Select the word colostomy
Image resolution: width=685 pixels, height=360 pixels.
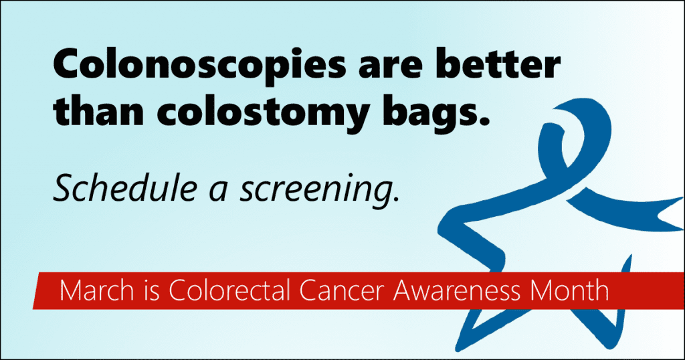click(x=263, y=112)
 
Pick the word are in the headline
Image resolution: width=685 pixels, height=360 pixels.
click(x=391, y=68)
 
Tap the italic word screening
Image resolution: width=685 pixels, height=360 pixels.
click(x=319, y=191)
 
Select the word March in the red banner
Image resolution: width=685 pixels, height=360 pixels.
click(x=96, y=290)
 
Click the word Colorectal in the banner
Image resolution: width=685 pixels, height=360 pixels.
click(x=229, y=290)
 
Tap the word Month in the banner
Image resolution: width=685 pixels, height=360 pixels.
click(x=569, y=290)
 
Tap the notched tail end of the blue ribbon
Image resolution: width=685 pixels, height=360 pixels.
click(x=670, y=214)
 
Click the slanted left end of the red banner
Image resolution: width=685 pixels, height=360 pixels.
click(x=36, y=290)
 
